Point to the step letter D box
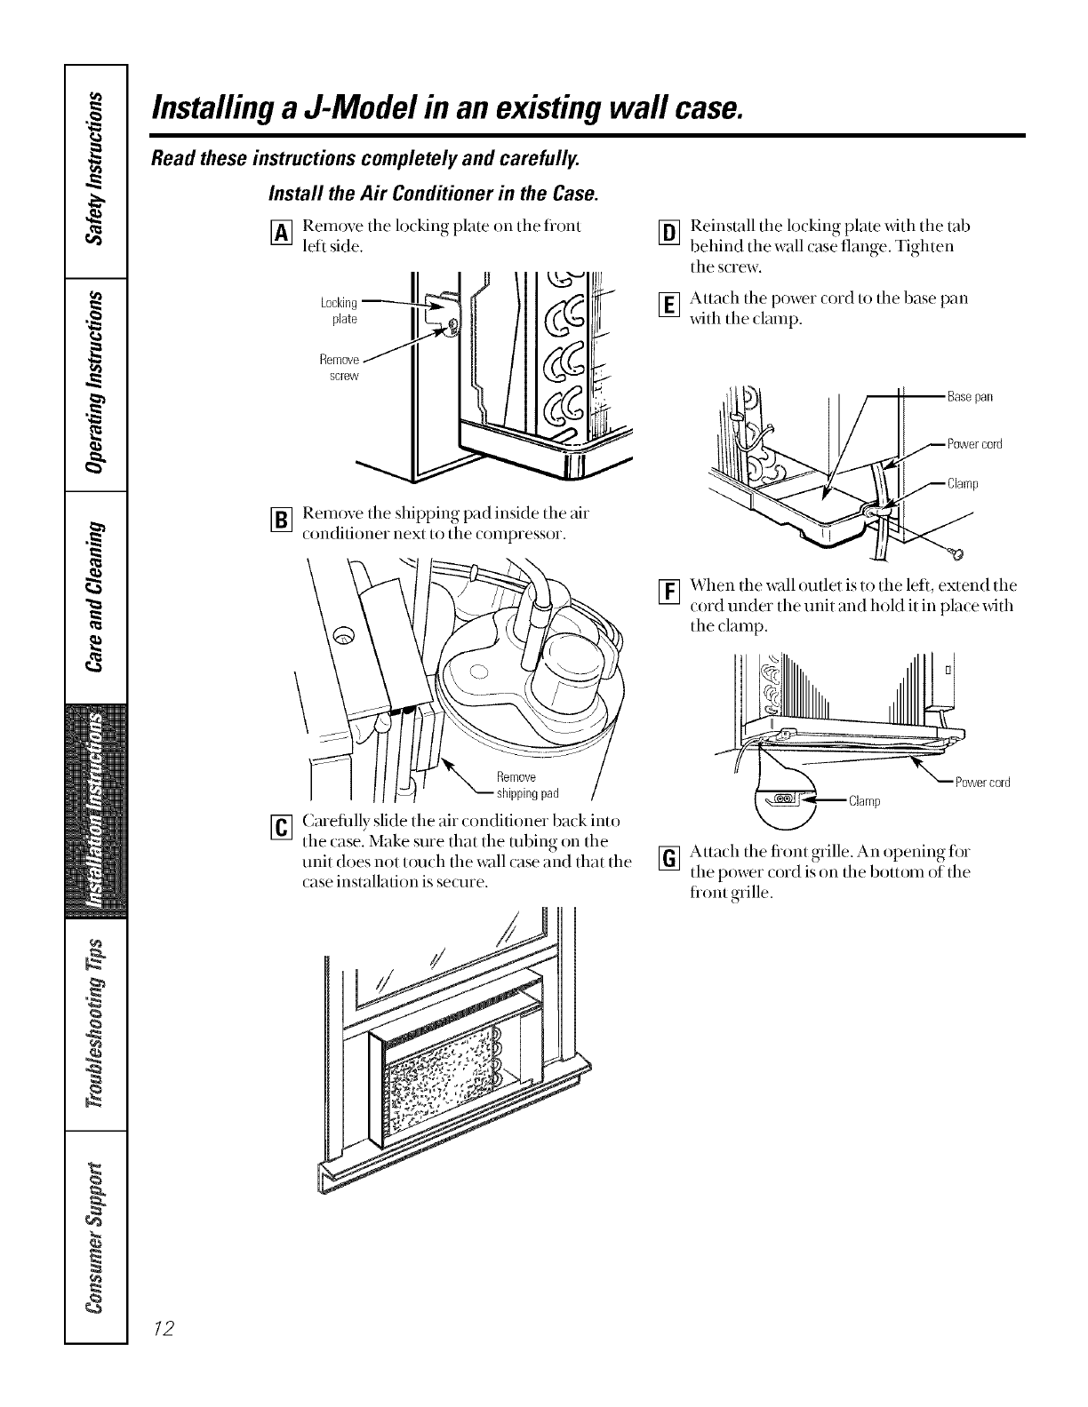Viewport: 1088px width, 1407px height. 668,234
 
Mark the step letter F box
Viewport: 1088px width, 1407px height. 668,589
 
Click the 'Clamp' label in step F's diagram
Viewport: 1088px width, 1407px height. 863,802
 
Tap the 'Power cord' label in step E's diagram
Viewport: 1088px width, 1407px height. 974,444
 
